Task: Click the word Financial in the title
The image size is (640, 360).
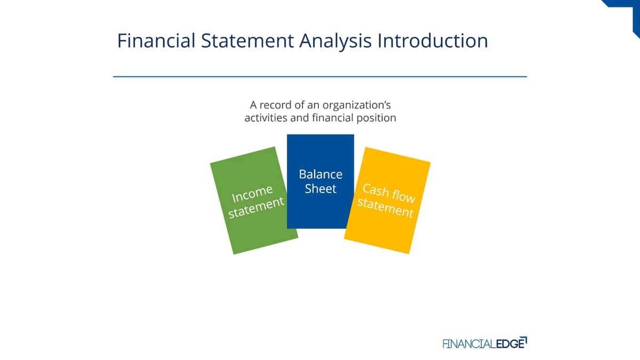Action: coord(156,41)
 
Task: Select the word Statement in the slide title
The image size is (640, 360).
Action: coord(247,41)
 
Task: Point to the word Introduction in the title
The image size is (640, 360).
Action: coord(433,41)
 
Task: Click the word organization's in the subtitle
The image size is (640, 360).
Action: coord(357,106)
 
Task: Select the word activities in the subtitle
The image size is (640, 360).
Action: coord(266,118)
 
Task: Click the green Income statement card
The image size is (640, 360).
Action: coord(254,201)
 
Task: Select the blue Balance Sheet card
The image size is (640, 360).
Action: coord(321,181)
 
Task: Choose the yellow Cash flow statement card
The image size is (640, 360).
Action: coord(387,201)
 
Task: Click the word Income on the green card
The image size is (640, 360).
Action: coord(252,194)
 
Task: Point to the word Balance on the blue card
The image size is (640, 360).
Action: coord(321,174)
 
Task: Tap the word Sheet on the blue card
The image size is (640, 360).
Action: coord(321,189)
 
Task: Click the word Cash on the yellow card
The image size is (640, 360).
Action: coord(375,190)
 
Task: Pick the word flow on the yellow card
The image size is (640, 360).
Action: coord(403,196)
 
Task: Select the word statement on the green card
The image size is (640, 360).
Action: coord(257,207)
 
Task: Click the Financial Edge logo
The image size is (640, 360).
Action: coord(485,343)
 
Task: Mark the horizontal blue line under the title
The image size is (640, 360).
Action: coord(320,77)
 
